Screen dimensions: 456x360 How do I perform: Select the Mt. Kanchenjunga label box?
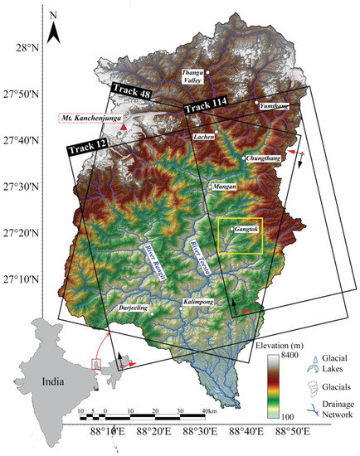coord(87,118)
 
